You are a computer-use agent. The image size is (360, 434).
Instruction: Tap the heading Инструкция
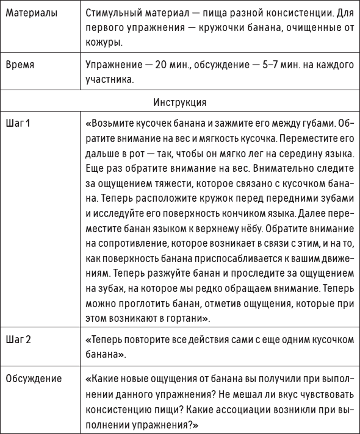coord(180,101)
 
